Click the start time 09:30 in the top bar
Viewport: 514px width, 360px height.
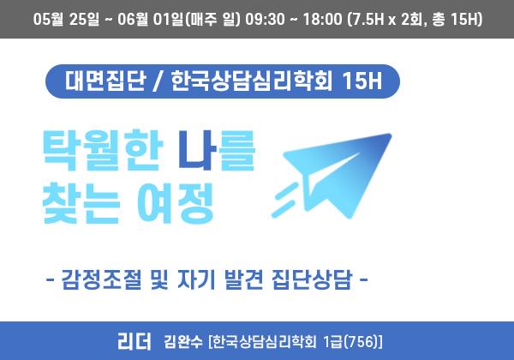(265, 19)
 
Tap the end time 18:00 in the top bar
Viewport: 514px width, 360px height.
(322, 19)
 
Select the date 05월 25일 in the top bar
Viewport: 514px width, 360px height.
(66, 19)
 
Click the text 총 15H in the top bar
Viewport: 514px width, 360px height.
(456, 19)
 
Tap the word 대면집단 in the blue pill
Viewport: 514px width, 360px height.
(105, 81)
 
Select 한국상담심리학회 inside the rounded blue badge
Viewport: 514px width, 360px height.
(252, 81)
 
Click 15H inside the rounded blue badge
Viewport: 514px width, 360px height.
(362, 81)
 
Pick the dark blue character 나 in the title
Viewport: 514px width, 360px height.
(198, 151)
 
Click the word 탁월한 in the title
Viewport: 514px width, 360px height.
(103, 151)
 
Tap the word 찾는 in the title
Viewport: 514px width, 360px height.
(81, 203)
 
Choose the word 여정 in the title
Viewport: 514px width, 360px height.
(176, 203)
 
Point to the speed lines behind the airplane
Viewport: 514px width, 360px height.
(285, 200)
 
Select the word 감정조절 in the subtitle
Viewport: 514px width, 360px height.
(101, 279)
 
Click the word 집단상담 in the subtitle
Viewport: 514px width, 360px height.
(312, 279)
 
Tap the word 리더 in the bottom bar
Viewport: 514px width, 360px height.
(134, 341)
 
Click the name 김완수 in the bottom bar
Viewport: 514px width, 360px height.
(183, 342)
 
